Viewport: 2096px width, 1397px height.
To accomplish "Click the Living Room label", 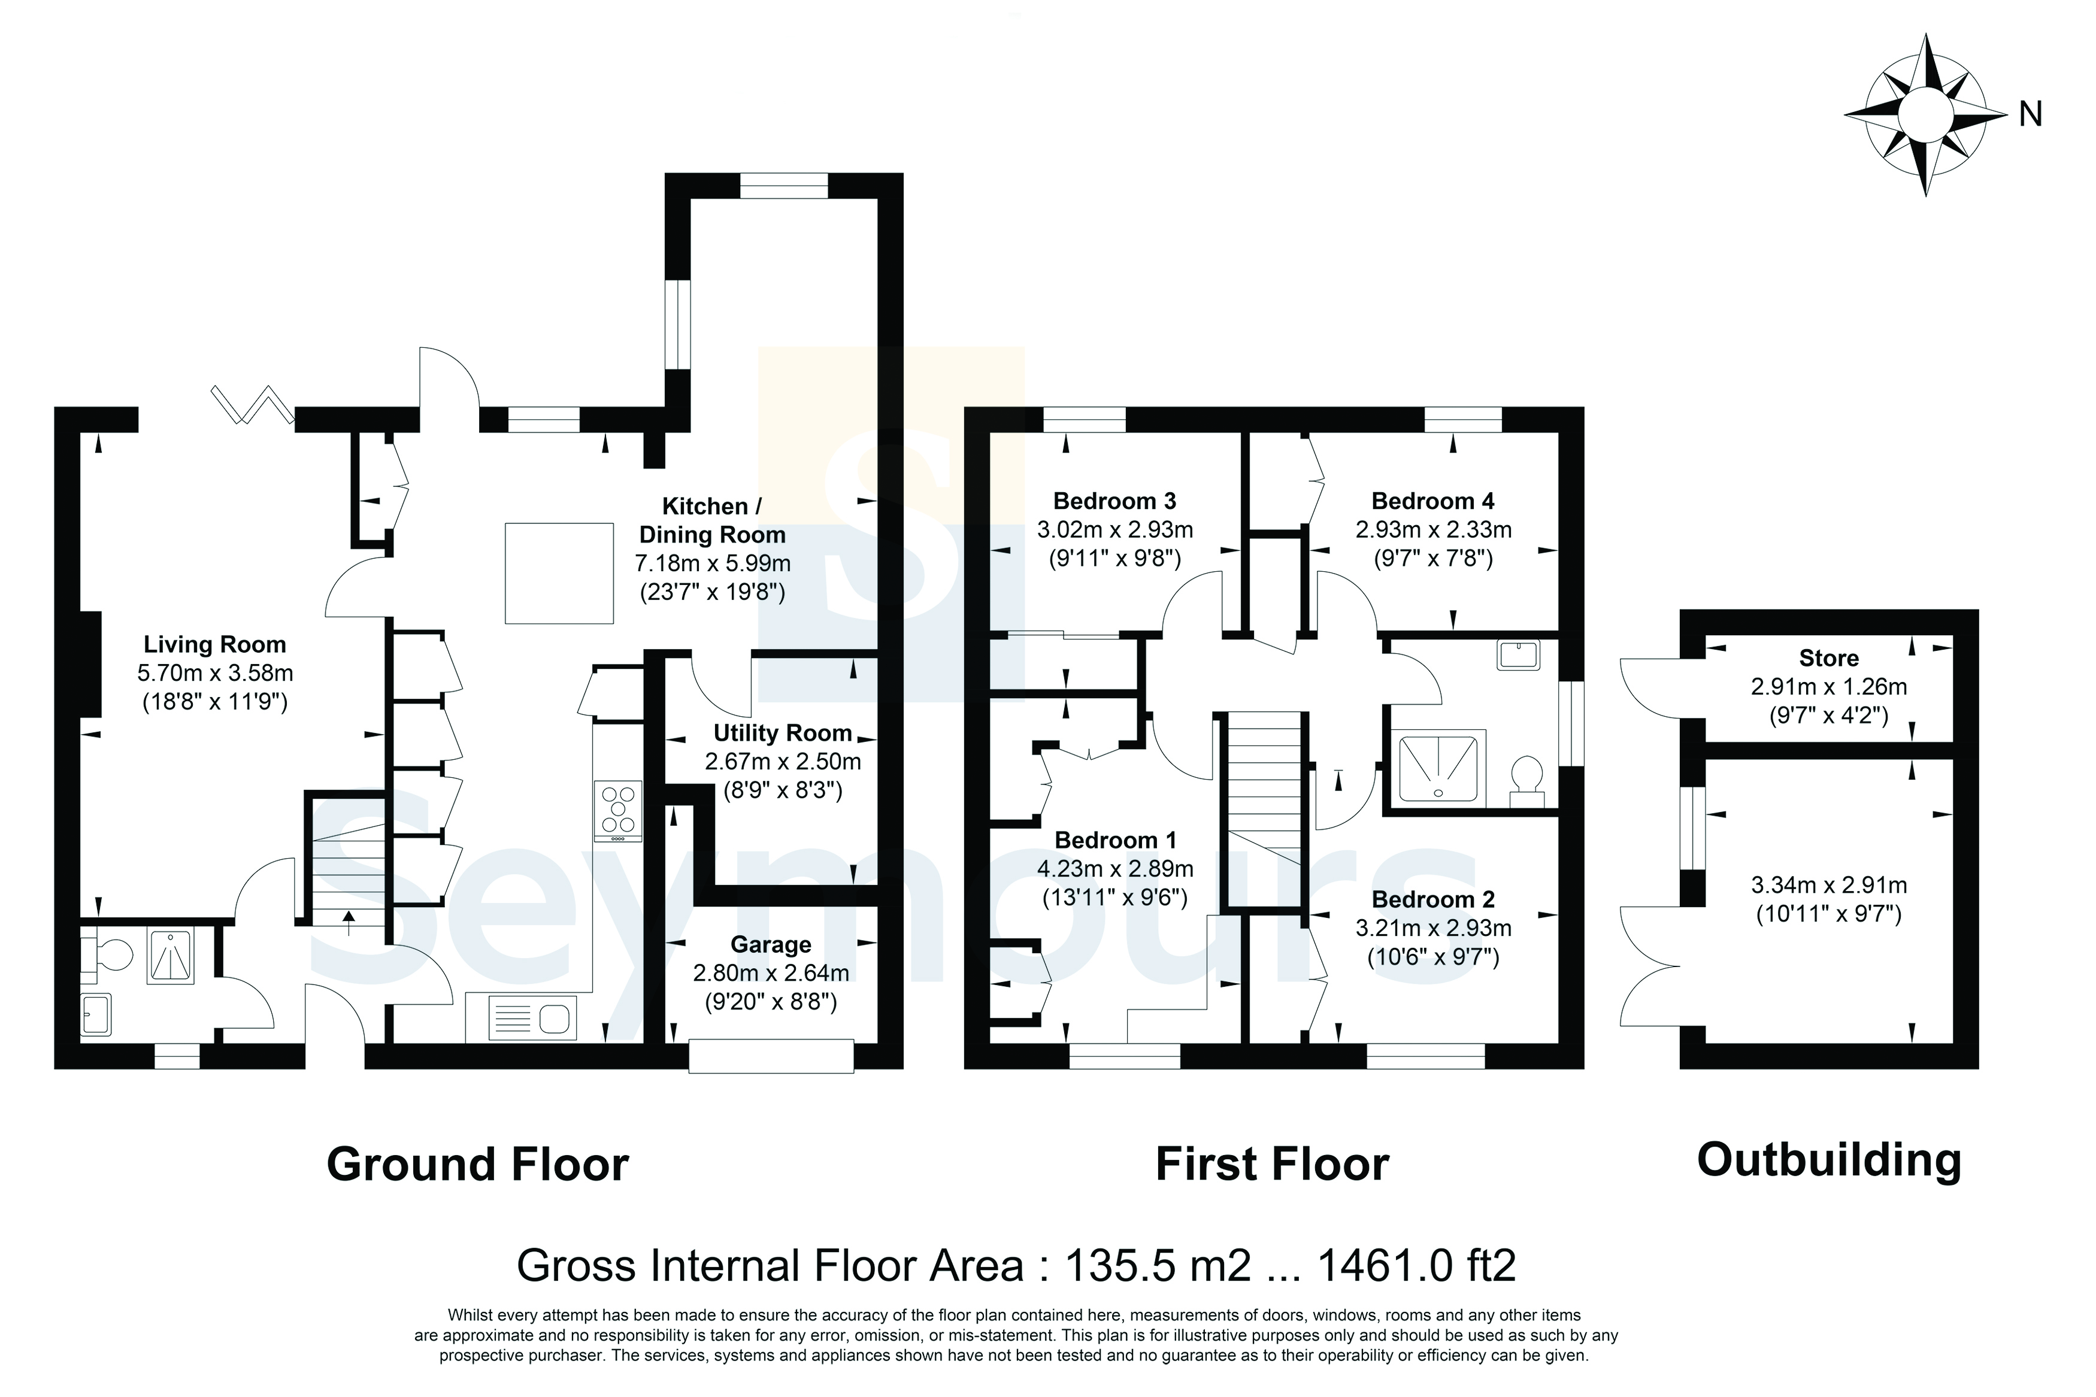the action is pyautogui.click(x=214, y=644).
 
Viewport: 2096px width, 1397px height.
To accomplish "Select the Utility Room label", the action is pyautogui.click(x=783, y=734).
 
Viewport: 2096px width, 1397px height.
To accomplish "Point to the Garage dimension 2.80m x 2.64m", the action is pyautogui.click(x=771, y=973).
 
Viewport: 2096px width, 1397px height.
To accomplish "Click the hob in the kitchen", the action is pyautogui.click(x=617, y=811).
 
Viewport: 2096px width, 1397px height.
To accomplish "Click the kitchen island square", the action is pyautogui.click(x=559, y=573).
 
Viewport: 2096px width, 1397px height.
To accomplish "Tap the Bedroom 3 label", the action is pyautogui.click(x=1114, y=501).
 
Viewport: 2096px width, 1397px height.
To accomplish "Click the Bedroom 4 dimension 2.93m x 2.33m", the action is pyautogui.click(x=1433, y=530).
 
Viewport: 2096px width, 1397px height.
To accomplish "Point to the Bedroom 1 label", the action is pyautogui.click(x=1115, y=840).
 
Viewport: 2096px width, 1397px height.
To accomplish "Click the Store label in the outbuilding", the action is pyautogui.click(x=1829, y=659).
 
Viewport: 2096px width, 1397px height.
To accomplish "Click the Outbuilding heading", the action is pyautogui.click(x=1829, y=1160).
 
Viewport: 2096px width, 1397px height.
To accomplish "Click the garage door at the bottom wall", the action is pyautogui.click(x=771, y=1055).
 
